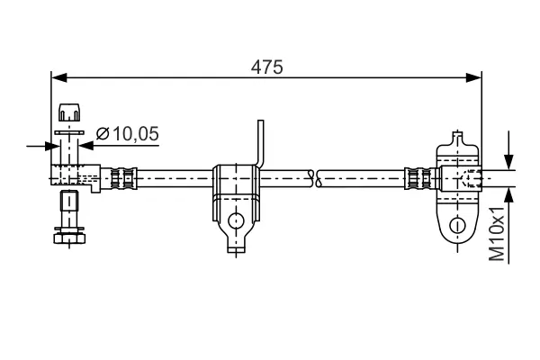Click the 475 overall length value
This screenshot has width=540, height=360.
click(267, 67)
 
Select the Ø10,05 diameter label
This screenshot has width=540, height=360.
click(126, 134)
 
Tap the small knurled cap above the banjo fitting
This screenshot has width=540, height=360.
click(68, 113)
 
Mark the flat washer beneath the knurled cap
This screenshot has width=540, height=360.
click(68, 130)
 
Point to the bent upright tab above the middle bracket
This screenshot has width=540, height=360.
click(260, 144)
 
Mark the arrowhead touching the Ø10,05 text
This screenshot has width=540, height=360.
click(87, 144)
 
